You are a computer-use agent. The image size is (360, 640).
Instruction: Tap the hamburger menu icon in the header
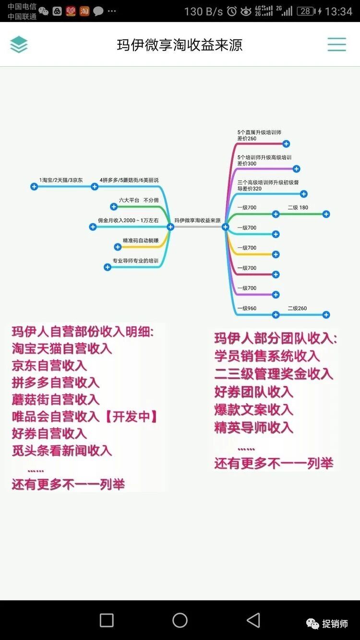click(336, 45)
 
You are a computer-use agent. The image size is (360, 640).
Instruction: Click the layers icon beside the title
click(19, 45)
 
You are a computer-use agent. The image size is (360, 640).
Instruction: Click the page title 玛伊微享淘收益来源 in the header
click(180, 45)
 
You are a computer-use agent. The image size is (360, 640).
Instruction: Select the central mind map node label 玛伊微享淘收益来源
click(197, 220)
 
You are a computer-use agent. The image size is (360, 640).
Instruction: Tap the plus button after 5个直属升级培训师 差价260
click(286, 144)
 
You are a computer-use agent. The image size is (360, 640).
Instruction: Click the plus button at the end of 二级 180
click(326, 214)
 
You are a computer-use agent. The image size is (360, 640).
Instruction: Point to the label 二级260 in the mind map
click(297, 308)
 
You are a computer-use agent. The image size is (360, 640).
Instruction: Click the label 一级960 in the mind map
click(247, 308)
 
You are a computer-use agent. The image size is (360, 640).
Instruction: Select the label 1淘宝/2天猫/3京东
click(61, 180)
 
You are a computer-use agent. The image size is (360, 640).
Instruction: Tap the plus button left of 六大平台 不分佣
click(114, 207)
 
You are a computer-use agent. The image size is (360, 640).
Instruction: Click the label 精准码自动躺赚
click(141, 240)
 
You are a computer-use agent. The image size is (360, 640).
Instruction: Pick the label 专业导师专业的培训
click(135, 261)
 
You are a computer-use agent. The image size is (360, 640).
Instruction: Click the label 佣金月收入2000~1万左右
click(128, 220)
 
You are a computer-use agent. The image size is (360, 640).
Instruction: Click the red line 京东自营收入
click(49, 365)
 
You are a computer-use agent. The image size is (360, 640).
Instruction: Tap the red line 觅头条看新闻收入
click(61, 450)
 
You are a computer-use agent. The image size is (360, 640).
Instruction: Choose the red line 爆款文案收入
click(253, 410)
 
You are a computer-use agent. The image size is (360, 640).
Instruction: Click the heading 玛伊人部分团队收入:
click(276, 338)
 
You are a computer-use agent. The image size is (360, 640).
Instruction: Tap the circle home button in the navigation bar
click(180, 620)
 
